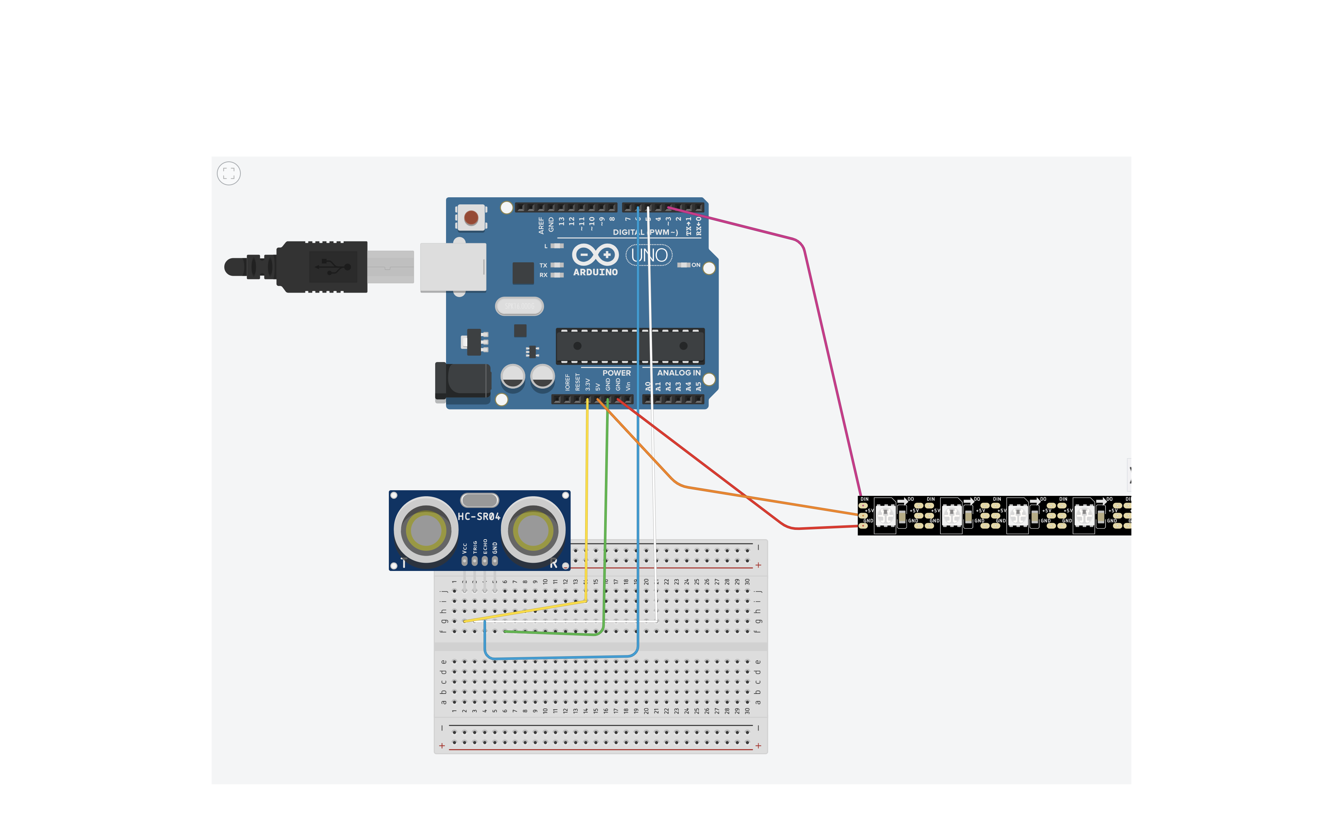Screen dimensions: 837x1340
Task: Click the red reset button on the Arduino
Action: point(471,217)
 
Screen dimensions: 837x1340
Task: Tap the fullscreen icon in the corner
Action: point(229,174)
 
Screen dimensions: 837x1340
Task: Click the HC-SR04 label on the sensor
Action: point(479,516)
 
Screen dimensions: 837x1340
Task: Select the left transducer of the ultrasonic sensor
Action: point(425,530)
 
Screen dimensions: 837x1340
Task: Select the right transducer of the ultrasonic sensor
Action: point(533,530)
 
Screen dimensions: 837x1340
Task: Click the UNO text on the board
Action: point(649,255)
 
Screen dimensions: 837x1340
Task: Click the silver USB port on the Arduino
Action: point(453,267)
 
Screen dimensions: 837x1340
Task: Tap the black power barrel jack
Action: point(464,380)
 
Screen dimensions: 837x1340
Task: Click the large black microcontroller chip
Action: point(630,346)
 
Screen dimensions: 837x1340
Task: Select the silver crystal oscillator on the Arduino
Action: point(519,306)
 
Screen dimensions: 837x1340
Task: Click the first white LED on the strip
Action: point(885,515)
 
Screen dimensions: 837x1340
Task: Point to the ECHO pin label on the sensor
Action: point(485,546)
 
